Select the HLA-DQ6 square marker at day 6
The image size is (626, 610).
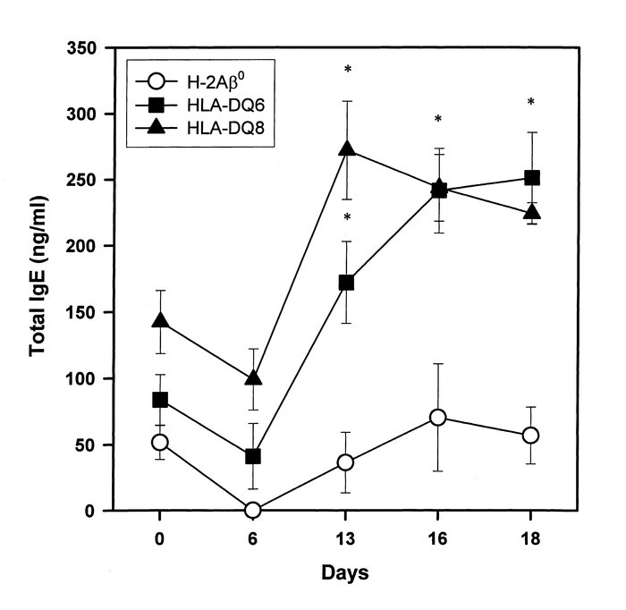[253, 456]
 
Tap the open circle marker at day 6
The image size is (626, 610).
[253, 510]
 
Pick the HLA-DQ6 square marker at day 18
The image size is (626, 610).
[531, 177]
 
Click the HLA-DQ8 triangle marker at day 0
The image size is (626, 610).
[160, 320]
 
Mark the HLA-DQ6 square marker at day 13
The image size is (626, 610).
[346, 283]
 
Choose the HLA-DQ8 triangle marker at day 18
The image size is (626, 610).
[531, 212]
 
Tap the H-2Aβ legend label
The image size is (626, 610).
[220, 83]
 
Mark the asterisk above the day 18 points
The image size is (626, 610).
[531, 103]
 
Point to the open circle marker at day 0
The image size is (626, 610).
[160, 442]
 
